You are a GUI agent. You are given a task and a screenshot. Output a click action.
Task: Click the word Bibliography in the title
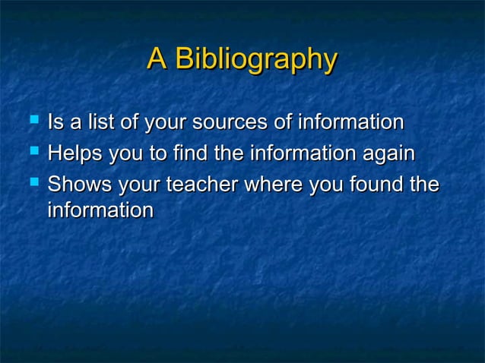255,59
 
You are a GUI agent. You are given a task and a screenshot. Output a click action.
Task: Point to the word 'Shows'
77,185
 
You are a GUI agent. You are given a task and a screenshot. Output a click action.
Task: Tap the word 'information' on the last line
100,210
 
